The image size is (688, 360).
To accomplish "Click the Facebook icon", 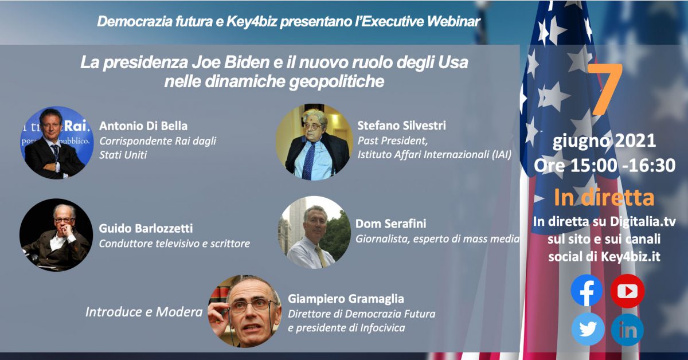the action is click(587, 290).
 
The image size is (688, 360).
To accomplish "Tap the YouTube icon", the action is click(627, 291).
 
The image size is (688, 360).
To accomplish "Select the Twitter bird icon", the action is click(588, 329).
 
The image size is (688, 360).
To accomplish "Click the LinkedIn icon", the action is click(627, 330).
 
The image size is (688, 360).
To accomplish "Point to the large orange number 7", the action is click(605, 89).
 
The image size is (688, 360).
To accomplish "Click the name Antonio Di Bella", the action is click(143, 126).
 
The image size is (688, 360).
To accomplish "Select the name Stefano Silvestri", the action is click(401, 126).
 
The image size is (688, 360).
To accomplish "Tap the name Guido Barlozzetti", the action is click(146, 228).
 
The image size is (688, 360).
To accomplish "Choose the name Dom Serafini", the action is click(390, 224).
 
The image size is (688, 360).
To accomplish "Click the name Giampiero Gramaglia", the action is click(346, 299).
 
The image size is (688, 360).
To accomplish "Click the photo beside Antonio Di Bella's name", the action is click(57, 143).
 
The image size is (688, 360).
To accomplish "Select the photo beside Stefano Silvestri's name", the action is click(314, 142).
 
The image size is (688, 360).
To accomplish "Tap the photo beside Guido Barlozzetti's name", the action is click(56, 235).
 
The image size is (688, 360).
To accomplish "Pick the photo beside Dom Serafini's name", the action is click(314, 233).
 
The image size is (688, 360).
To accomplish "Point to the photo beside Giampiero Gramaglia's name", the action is click(244, 311).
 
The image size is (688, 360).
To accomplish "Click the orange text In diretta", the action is click(604, 198).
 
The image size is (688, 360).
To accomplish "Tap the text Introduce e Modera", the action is click(144, 312).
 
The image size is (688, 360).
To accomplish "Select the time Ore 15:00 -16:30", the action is click(604, 165).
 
